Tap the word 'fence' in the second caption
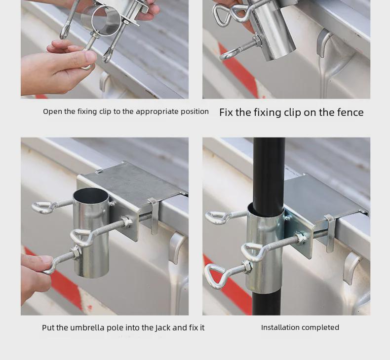[351, 112]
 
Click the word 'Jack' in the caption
[163, 328]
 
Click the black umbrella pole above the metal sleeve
[269, 172]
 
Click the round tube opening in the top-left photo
[106, 20]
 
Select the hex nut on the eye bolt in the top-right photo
[256, 41]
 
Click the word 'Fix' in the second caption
[226, 112]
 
